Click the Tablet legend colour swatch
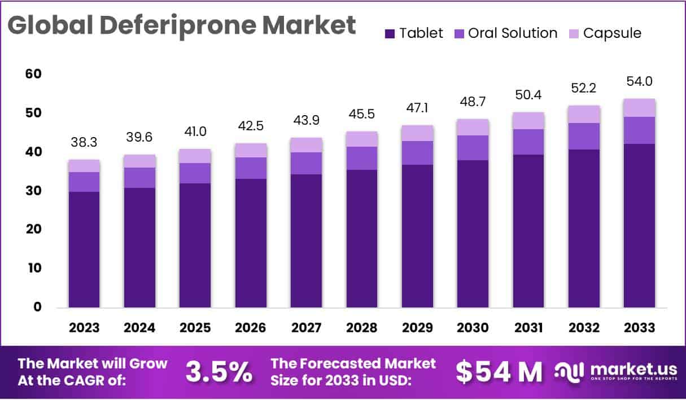[x=390, y=34]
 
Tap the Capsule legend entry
[x=612, y=33]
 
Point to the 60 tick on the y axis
[x=34, y=74]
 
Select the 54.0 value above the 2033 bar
[x=640, y=82]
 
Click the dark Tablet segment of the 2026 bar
[x=251, y=243]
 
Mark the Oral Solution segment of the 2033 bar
[x=640, y=130]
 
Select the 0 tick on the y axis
[x=37, y=307]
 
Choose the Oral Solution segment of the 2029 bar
[x=418, y=153]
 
